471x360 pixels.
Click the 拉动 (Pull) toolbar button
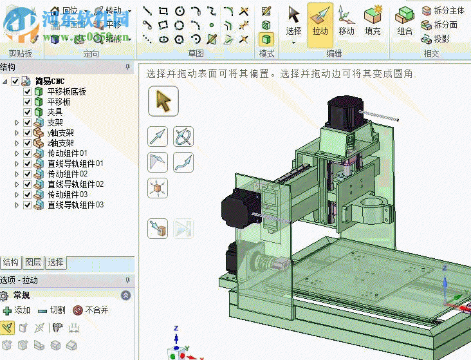320,23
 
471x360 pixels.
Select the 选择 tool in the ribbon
293,23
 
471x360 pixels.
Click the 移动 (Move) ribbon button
346,23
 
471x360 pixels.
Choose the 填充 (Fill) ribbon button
373,23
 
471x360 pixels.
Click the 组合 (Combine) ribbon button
405,23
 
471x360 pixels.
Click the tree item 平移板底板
66,91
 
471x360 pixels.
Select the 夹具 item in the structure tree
55,112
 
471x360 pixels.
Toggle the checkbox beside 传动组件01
27,153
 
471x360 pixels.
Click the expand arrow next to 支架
17,122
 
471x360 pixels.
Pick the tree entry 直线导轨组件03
75,205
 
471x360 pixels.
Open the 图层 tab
33,263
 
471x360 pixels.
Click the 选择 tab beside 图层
56,263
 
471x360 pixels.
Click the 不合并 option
91,310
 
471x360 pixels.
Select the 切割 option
52,310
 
